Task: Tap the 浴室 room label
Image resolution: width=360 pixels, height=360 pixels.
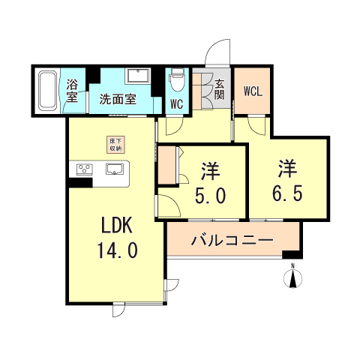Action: coord(73,89)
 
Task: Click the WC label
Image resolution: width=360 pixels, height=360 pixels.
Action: coord(178,104)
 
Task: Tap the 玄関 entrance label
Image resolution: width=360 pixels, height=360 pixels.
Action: coord(220,89)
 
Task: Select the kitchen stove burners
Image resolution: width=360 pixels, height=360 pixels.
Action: coord(82,169)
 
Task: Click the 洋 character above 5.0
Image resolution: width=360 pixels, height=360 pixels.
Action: coord(209,170)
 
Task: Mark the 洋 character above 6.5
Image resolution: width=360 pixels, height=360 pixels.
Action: coord(289,166)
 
